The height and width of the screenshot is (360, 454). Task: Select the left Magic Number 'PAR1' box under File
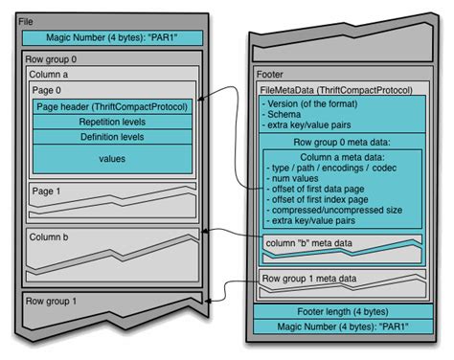tap(112, 38)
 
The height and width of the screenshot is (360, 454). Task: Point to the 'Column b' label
tap(49, 236)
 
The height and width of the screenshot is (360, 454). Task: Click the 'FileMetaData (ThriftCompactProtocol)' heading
tap(336, 89)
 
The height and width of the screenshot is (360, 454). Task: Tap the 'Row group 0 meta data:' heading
tap(342, 142)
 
